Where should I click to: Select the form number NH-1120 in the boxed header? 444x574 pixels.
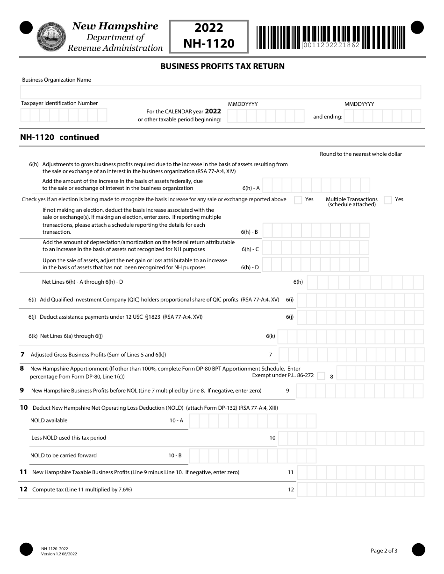tap(208, 43)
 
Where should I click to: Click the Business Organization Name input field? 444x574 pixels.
tap(221, 92)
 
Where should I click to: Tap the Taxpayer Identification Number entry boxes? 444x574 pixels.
tap(64, 115)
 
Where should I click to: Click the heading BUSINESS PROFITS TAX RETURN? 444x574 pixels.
tap(222, 66)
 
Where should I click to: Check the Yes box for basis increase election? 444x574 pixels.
tap(298, 200)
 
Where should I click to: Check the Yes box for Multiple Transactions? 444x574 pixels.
tap(387, 200)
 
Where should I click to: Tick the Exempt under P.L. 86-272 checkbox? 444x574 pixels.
tap(321, 376)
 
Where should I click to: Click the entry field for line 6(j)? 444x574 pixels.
tap(360, 317)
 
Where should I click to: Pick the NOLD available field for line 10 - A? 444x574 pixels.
tap(252, 421)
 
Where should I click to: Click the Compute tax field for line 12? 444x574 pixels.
tap(360, 490)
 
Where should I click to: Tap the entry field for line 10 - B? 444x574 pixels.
tap(252, 456)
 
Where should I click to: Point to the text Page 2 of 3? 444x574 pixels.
tap(384, 551)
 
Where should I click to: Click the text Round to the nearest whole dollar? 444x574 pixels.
tap(360, 154)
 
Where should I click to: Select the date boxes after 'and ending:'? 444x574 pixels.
tap(382, 116)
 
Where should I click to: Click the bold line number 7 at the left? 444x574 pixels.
tap(22, 355)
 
